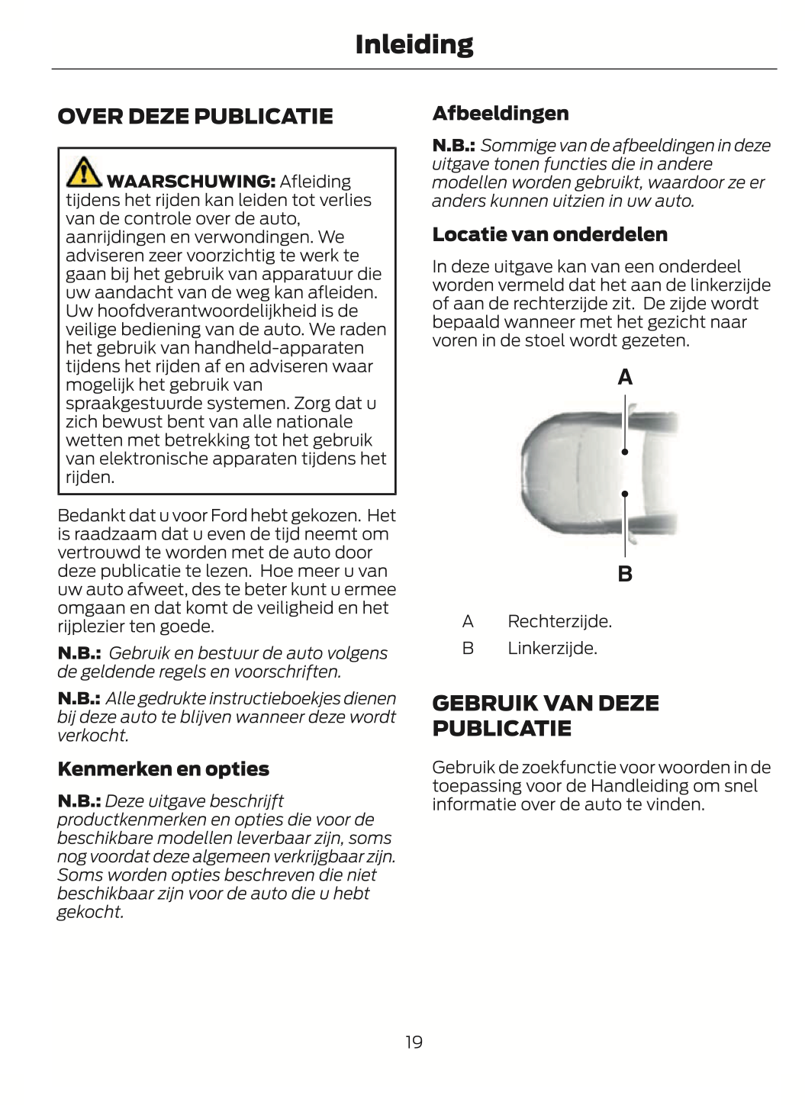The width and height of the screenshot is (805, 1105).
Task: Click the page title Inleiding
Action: pos(414,44)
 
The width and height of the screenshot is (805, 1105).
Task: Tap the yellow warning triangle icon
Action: pos(82,172)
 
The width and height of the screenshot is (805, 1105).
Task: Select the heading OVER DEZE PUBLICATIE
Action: pos(195,116)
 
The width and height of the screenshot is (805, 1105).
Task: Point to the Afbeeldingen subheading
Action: pos(501,114)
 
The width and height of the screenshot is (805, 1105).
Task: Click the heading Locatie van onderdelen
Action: pos(549,234)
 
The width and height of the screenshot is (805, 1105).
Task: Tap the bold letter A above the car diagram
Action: pos(625,378)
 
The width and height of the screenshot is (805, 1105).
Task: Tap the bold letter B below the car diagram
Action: pos(625,574)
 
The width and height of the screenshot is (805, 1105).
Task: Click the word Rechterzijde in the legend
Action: pos(559,621)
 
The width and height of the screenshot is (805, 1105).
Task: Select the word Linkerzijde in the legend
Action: pos(552,649)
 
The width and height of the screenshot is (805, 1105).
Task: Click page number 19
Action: pos(414,1042)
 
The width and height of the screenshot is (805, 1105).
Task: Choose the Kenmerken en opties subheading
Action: pos(163,769)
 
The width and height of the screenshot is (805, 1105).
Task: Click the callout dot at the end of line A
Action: pos(625,453)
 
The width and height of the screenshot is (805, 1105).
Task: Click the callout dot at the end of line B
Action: pos(625,494)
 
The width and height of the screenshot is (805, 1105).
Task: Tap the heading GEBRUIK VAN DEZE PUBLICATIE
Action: pos(546,715)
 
